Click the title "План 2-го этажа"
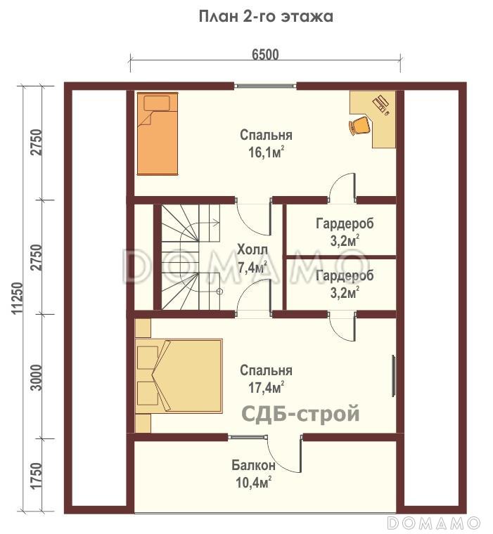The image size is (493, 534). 266,17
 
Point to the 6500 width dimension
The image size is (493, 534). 265,55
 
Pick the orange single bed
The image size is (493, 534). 158,133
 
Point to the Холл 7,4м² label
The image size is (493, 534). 252,259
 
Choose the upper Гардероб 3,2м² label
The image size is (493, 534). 345,232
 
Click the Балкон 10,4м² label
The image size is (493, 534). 253,474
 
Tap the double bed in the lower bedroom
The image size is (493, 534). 179,376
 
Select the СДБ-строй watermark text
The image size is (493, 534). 300,414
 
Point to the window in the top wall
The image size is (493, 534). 265,86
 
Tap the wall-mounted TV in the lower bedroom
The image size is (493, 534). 393,376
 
